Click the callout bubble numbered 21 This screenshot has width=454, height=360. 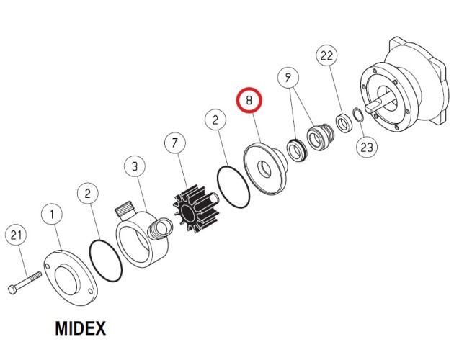16,235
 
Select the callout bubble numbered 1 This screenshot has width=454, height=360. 52,215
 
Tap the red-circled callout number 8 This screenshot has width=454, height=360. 249,100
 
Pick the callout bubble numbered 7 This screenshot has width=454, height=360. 175,143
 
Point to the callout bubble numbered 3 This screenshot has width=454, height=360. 135,167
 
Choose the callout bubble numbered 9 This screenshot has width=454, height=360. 288,78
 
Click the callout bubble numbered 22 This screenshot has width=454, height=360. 326,55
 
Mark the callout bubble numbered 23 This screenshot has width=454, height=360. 367,148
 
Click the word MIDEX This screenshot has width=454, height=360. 81,328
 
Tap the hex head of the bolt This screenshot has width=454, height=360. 12,289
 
